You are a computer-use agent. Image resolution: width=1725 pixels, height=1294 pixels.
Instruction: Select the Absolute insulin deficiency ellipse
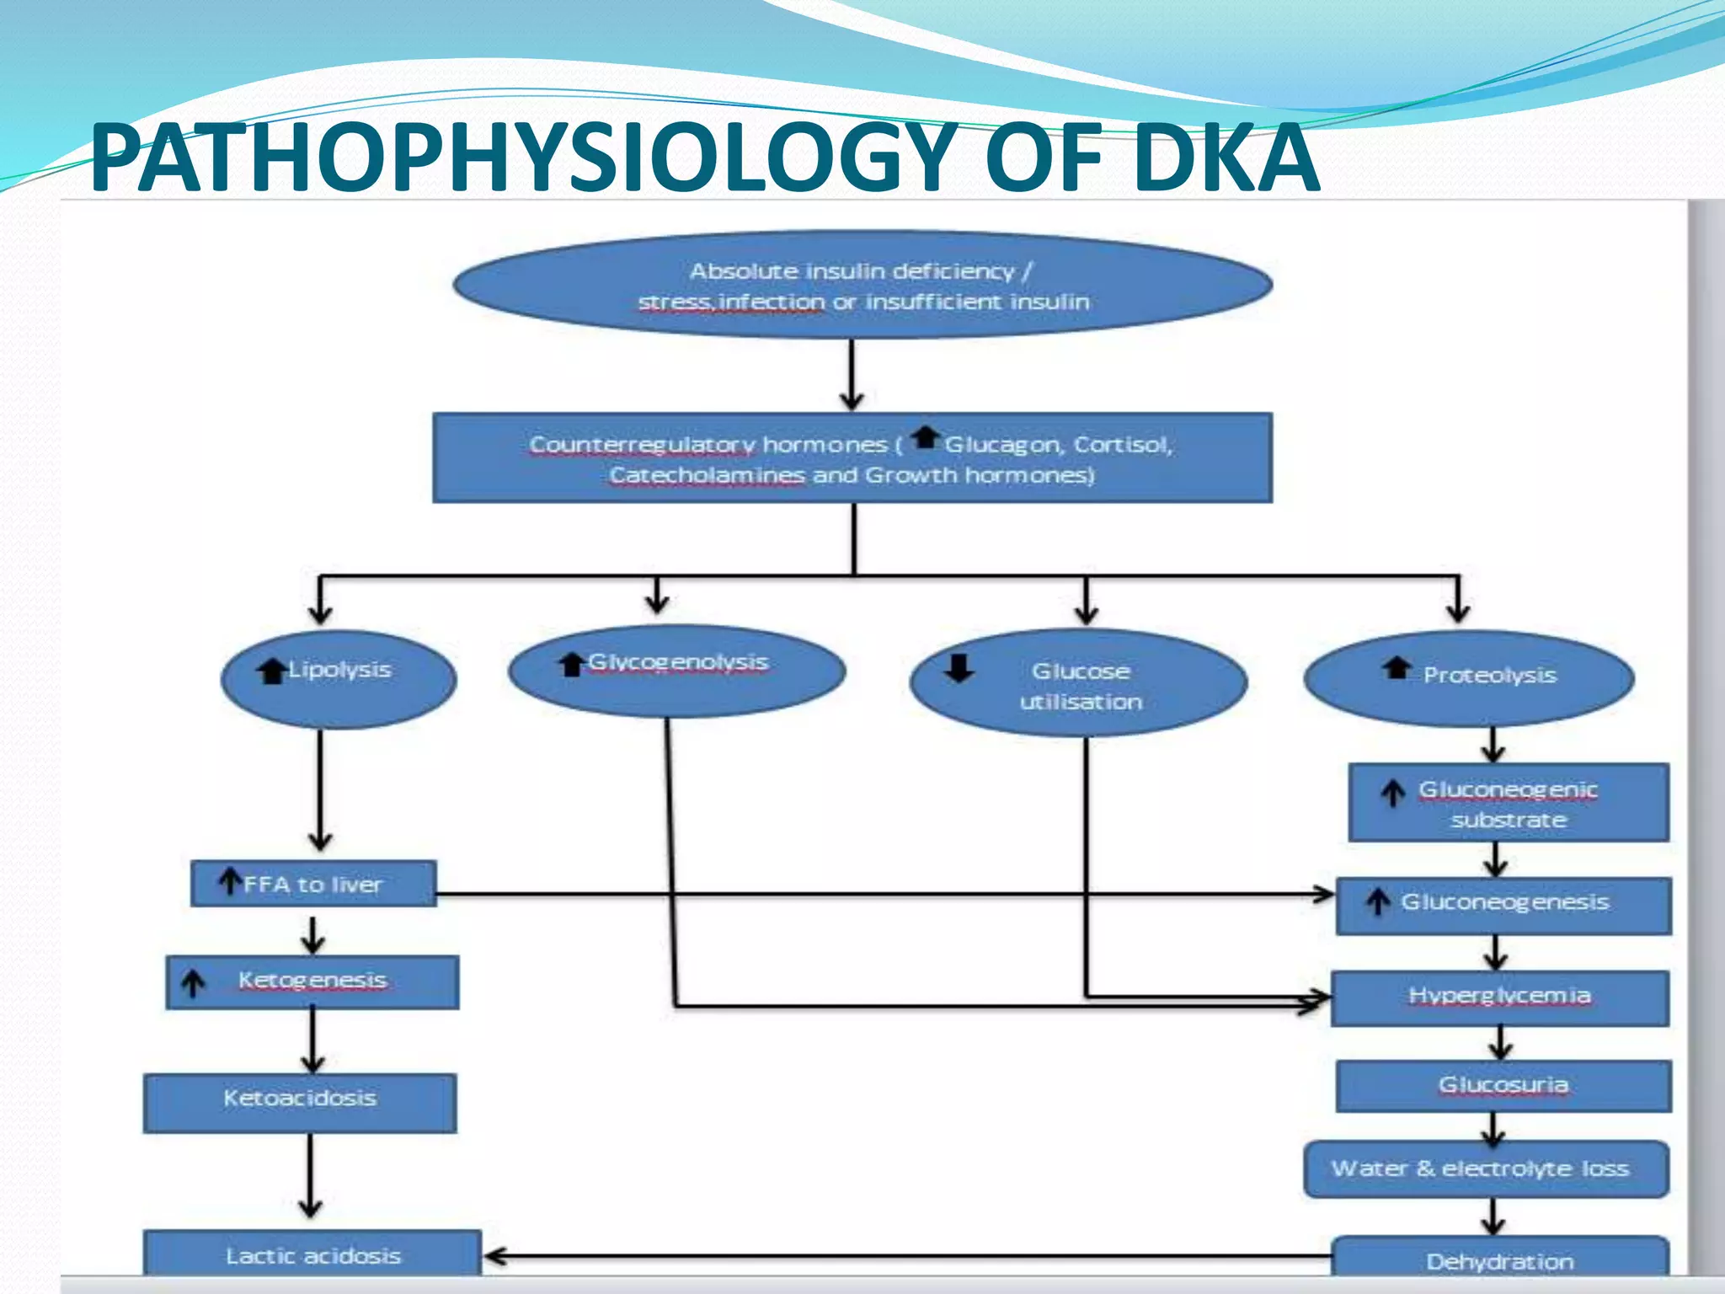[x=862, y=286]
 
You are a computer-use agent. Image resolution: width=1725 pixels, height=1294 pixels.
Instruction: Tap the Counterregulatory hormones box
[x=852, y=458]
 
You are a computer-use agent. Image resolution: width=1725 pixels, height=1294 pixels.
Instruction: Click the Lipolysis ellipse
[x=339, y=679]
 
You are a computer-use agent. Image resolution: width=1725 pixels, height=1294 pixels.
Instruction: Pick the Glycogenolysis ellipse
[x=676, y=671]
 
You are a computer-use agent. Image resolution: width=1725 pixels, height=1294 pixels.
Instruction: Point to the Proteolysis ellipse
[x=1469, y=677]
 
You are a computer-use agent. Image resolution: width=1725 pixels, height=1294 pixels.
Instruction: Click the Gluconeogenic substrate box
[x=1508, y=803]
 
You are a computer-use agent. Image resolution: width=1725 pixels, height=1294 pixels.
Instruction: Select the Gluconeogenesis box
[x=1503, y=906]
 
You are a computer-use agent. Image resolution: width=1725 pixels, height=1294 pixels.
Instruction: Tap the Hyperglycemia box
[x=1500, y=998]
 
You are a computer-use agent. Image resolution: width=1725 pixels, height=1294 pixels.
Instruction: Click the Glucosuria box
[x=1503, y=1086]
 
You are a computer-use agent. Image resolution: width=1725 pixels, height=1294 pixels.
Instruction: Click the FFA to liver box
[x=313, y=884]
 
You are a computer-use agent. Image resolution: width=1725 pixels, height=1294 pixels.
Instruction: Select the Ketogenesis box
[x=312, y=981]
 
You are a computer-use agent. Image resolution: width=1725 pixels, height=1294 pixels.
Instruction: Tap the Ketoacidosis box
[x=300, y=1102]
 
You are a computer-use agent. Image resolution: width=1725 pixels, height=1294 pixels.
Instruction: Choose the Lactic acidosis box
[x=312, y=1254]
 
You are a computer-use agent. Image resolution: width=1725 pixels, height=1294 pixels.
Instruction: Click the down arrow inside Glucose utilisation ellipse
[x=959, y=668]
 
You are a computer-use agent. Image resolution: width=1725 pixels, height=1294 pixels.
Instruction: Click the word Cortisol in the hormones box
[x=1122, y=445]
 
